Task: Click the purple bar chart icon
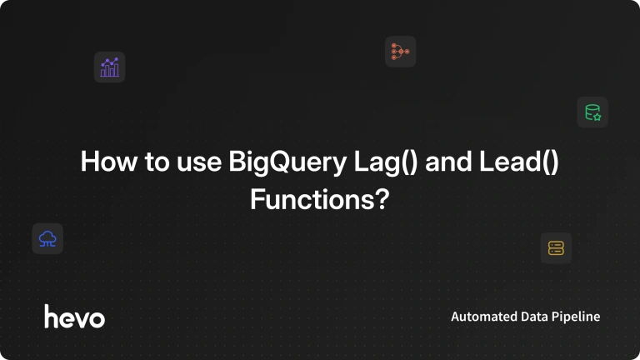click(109, 67)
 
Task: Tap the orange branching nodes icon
click(400, 52)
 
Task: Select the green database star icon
click(592, 112)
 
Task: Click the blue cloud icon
click(47, 239)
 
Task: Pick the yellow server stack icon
click(556, 248)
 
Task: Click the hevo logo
click(75, 317)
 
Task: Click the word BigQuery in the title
click(287, 162)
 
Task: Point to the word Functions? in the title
click(320, 200)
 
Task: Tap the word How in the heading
click(109, 162)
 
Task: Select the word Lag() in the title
click(386, 162)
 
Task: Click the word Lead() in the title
click(519, 162)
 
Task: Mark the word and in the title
click(448, 162)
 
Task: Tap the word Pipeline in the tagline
click(576, 317)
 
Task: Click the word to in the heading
click(157, 162)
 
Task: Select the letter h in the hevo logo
click(52, 317)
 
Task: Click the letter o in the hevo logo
click(97, 320)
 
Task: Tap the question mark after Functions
click(382, 199)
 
